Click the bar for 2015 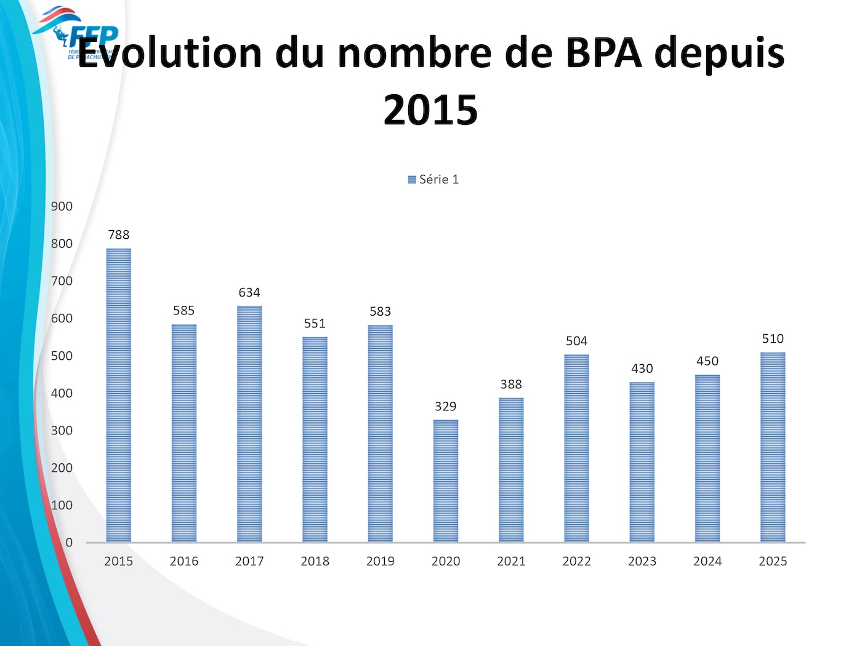click(x=118, y=395)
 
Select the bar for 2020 click(x=446, y=481)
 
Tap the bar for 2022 click(x=576, y=448)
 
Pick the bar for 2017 click(x=249, y=424)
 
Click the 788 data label click(x=118, y=234)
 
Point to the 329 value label click(x=446, y=406)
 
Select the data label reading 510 click(x=773, y=338)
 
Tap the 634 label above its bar click(x=249, y=292)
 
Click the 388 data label click(x=511, y=384)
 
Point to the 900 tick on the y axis click(x=62, y=206)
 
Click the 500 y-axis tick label click(x=62, y=356)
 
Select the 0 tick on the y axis click(x=69, y=542)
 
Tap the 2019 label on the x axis click(x=381, y=561)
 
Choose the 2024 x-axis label click(x=707, y=561)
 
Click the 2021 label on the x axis click(x=511, y=561)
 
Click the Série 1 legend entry click(x=433, y=180)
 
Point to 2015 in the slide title click(x=430, y=110)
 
